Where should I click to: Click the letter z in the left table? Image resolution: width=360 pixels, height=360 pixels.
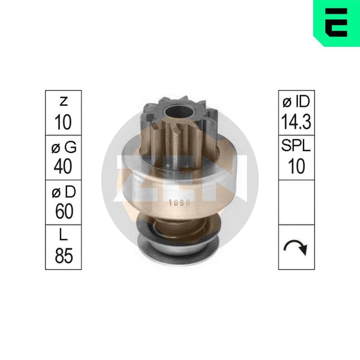pyautogui.click(x=63, y=102)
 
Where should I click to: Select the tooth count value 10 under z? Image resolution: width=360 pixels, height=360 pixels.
pyautogui.click(x=63, y=122)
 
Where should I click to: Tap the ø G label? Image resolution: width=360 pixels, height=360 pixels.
pyautogui.click(x=63, y=147)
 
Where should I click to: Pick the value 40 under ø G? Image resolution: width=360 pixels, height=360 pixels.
pyautogui.click(x=63, y=166)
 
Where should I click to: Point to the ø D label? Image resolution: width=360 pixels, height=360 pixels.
pyautogui.click(x=63, y=192)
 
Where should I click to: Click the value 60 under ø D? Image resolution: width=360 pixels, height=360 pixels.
pyautogui.click(x=64, y=211)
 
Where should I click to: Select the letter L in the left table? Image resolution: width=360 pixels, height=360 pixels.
pyautogui.click(x=63, y=234)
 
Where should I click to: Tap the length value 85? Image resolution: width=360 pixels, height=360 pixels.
pyautogui.click(x=64, y=256)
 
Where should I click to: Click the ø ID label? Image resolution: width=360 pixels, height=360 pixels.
pyautogui.click(x=296, y=102)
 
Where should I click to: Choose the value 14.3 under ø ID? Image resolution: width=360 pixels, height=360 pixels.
pyautogui.click(x=296, y=121)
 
